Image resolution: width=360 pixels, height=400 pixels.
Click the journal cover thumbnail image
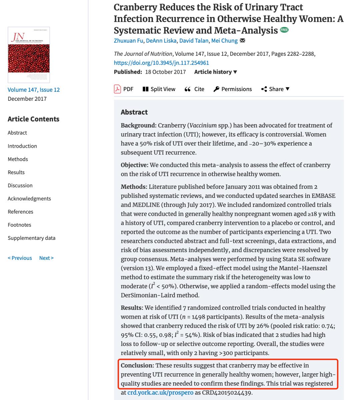pyautogui.click(x=29, y=55)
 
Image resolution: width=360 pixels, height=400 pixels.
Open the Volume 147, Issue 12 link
pyautogui.click(x=34, y=89)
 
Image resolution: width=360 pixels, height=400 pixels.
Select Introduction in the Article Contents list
pyautogui.click(x=22, y=146)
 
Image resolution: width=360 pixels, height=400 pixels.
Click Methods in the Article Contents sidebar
pyautogui.click(x=18, y=159)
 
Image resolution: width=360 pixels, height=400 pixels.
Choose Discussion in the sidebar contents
pyautogui.click(x=20, y=185)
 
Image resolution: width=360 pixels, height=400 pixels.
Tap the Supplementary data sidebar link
pyautogui.click(x=31, y=238)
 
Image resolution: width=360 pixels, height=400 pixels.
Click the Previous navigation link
pyautogui.click(x=20, y=258)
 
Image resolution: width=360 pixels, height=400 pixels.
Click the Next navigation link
pyautogui.click(x=46, y=258)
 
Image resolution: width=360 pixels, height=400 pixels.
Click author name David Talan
pyautogui.click(x=194, y=41)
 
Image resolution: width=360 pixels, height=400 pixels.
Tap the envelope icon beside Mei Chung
pyautogui.click(x=242, y=41)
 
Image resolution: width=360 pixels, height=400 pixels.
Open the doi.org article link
pyautogui.click(x=161, y=63)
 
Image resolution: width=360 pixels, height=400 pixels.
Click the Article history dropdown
pyautogui.click(x=216, y=72)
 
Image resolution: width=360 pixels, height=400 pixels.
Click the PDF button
pyautogui.click(x=124, y=89)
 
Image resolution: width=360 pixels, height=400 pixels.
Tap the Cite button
pyautogui.click(x=194, y=89)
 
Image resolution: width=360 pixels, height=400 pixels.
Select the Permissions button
pyautogui.click(x=233, y=89)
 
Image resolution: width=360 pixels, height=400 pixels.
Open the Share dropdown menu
pyautogui.click(x=275, y=89)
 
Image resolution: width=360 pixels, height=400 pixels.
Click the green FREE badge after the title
pyautogui.click(x=284, y=30)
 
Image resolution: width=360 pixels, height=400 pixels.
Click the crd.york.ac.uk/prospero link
pyautogui.click(x=160, y=393)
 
